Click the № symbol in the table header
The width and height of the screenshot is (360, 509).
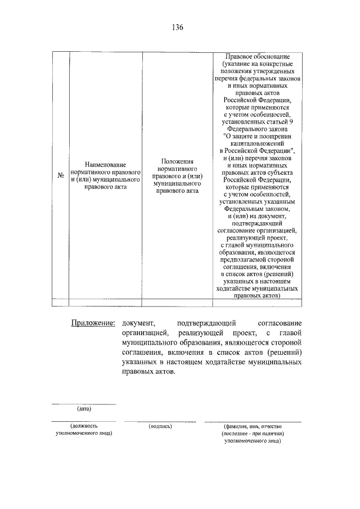click(61, 175)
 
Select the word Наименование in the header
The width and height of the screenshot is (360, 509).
click(105, 163)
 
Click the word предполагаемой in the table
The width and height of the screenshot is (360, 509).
click(242, 262)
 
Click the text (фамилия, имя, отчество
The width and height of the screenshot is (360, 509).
click(252, 426)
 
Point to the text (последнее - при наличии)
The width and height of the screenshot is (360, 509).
click(252, 434)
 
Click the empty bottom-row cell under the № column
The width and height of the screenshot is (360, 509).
click(61, 302)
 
